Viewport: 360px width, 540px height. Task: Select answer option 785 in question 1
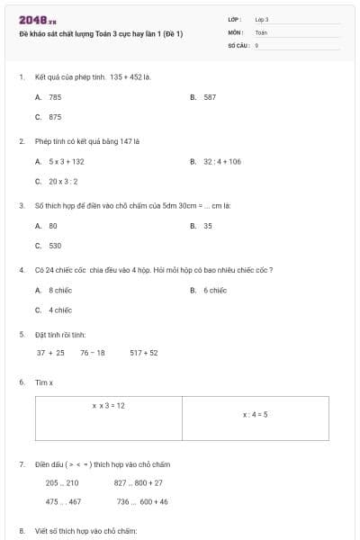tap(55, 97)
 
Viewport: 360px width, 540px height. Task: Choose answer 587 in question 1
tap(210, 97)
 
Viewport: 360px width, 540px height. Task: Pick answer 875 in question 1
tap(55, 117)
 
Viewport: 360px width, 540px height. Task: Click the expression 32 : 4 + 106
tap(222, 162)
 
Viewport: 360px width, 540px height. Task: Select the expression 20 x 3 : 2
tap(65, 182)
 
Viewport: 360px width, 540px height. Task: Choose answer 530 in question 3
tap(55, 246)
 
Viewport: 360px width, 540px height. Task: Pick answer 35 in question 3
tap(208, 226)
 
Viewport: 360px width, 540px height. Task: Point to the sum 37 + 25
tap(50, 353)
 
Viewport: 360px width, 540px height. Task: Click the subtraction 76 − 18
tap(92, 353)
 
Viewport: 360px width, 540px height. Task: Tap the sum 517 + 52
tap(144, 353)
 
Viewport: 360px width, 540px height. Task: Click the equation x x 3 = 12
tap(109, 406)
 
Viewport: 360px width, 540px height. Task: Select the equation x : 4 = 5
tap(256, 415)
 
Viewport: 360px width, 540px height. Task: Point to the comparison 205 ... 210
tap(62, 483)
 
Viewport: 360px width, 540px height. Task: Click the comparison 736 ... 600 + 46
tap(142, 502)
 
